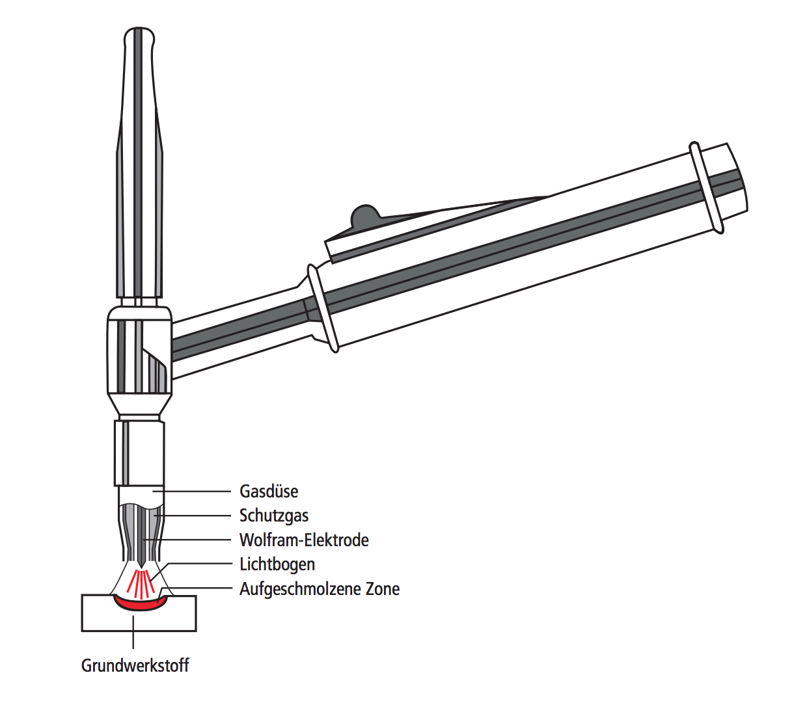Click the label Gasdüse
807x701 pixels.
point(269,492)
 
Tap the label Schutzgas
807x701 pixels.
point(274,516)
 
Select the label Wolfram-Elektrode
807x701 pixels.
point(304,540)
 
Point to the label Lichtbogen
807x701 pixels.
point(277,564)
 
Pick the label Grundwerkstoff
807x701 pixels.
point(135,665)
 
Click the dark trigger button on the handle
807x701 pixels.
point(365,215)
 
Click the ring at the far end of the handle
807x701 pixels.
point(706,188)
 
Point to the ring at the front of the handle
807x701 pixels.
point(323,308)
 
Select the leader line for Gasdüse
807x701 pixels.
point(192,492)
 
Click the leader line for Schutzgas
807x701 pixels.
point(193,516)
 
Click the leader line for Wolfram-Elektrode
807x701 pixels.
point(187,540)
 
